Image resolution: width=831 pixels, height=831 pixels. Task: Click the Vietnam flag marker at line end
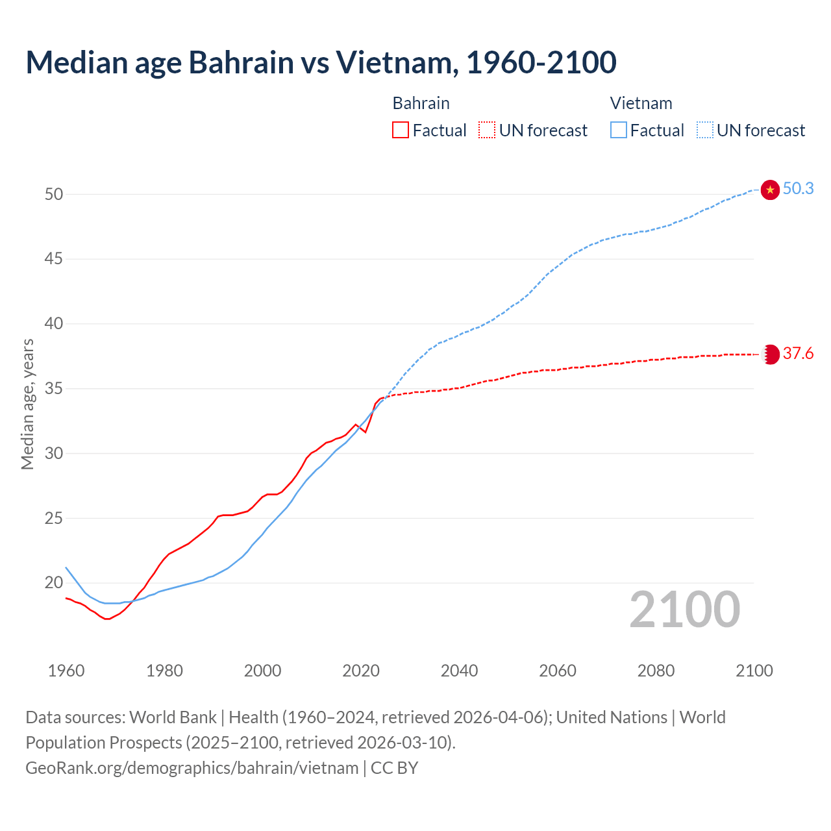click(x=770, y=190)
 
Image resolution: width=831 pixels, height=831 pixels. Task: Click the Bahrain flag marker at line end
click(x=770, y=354)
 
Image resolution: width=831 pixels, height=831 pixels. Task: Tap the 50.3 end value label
click(x=798, y=189)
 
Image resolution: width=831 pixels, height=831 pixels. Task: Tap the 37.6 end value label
click(x=798, y=354)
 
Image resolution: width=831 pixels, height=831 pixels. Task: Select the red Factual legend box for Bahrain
click(x=401, y=130)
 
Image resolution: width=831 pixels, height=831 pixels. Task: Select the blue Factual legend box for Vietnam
click(x=618, y=130)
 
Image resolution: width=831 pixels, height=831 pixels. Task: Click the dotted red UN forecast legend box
click(x=487, y=130)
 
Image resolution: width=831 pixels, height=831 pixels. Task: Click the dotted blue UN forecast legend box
click(x=704, y=130)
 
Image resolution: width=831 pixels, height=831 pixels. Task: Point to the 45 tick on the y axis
click(x=54, y=259)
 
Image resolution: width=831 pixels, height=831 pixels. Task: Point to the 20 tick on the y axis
click(x=54, y=583)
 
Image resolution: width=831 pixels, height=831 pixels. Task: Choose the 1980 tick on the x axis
click(x=164, y=671)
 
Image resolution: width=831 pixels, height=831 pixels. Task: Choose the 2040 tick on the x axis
click(x=459, y=671)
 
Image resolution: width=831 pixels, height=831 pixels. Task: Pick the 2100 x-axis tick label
click(x=754, y=671)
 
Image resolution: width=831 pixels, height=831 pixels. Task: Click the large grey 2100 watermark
click(x=684, y=609)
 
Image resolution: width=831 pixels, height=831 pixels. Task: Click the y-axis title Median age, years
click(x=27, y=404)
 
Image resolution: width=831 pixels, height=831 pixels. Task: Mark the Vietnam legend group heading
click(x=641, y=103)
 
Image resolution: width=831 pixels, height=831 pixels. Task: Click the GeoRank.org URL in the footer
click(x=192, y=768)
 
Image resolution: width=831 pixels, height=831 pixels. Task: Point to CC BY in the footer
click(x=394, y=768)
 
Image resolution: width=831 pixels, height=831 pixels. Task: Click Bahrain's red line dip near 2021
click(x=366, y=432)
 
